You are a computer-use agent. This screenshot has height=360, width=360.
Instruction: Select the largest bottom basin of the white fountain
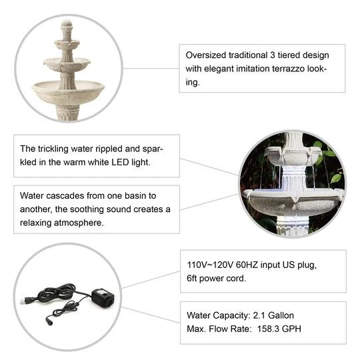pyautogui.click(x=68, y=90)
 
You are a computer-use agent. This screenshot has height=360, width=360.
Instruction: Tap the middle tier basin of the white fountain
pyautogui.click(x=67, y=65)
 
